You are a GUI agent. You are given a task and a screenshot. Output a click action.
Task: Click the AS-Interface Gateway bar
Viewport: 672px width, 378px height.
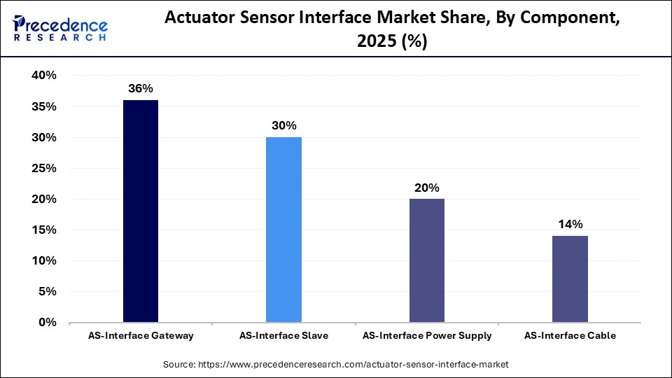pyautogui.click(x=141, y=211)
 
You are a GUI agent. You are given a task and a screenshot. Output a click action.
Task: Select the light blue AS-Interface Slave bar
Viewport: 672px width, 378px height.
pyautogui.click(x=283, y=230)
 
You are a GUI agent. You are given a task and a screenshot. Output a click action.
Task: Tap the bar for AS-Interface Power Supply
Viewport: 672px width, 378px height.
pyautogui.click(x=426, y=260)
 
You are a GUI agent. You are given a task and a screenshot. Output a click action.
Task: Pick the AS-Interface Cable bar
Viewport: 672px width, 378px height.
pyautogui.click(x=570, y=279)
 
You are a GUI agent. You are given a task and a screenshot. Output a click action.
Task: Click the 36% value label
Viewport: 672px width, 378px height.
pyautogui.click(x=141, y=89)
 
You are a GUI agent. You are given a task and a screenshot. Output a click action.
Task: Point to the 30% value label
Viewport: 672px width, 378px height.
pyautogui.click(x=283, y=126)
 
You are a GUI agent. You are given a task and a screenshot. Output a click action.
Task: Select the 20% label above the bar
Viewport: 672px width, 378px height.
pyautogui.click(x=426, y=188)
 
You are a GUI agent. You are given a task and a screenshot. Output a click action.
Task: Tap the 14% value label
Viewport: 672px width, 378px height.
pyautogui.click(x=570, y=225)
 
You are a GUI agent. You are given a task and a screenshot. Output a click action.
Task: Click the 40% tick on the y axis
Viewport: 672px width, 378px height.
pyautogui.click(x=44, y=76)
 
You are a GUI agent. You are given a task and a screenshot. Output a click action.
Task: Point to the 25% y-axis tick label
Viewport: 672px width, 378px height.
pyautogui.click(x=44, y=169)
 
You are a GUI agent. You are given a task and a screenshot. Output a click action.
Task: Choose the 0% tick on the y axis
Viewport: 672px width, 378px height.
pyautogui.click(x=48, y=323)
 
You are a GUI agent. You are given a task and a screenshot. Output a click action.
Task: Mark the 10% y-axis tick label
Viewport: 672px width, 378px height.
pyautogui.click(x=44, y=261)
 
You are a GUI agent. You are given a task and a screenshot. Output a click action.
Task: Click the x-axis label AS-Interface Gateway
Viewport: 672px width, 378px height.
pyautogui.click(x=141, y=336)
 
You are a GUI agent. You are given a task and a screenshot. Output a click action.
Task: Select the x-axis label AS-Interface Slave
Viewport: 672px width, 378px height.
pyautogui.click(x=283, y=336)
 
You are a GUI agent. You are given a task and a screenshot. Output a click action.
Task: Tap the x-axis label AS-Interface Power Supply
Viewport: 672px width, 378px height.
pyautogui.click(x=427, y=336)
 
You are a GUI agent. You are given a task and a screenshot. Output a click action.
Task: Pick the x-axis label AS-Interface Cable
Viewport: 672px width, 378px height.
pyautogui.click(x=570, y=336)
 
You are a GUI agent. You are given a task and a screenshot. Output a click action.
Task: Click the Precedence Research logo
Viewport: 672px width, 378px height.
pyautogui.click(x=60, y=28)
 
